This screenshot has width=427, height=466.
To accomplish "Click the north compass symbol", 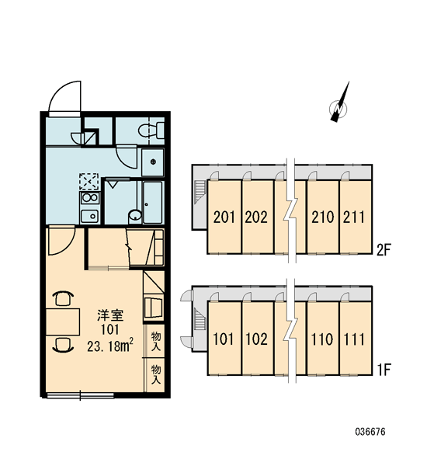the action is pos(339,105).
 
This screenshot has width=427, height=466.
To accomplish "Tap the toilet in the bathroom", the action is pos(151,130).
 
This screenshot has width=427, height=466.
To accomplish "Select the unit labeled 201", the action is pos(224,217).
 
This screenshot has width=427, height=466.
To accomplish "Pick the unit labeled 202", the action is pos(257,217).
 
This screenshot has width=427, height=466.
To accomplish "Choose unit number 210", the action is pos(323,217).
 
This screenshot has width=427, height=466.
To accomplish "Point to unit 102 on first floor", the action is pos(257,339).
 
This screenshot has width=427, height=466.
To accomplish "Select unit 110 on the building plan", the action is pos(323,339).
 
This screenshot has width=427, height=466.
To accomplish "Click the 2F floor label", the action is pos(383,250).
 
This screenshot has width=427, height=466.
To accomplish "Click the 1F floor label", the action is pos(384,370).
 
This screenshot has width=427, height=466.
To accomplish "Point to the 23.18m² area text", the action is pos(110,346).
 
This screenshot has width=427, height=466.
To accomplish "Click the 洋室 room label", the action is pos(110,315).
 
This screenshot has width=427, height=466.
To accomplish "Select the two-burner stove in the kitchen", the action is pos(90,197).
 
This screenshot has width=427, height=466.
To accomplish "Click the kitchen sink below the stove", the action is pos(90,216).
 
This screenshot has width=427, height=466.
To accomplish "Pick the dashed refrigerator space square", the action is pos(89,181).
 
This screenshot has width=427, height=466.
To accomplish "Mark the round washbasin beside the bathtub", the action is pos(135,215).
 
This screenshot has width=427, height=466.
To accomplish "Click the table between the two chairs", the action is pos(63,322).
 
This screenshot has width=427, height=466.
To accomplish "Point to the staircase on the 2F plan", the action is pos(200,191).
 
